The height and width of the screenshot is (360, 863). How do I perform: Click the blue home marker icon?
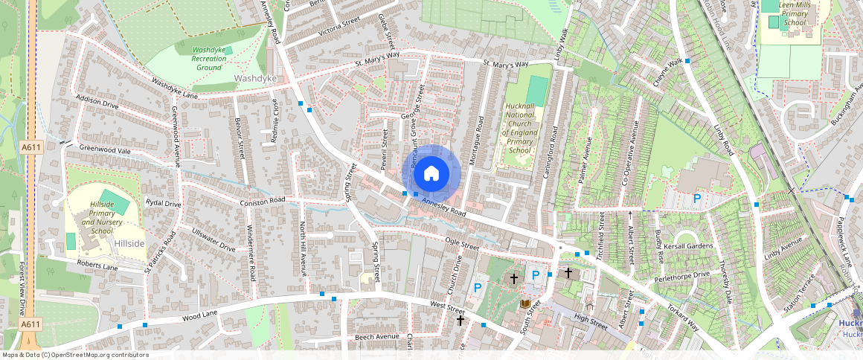431,174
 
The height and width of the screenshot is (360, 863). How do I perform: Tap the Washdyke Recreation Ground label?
199,58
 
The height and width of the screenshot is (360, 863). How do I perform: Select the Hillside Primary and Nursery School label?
102,216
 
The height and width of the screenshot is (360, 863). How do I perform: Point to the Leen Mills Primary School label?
794,13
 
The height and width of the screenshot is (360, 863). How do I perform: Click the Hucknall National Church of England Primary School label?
519,129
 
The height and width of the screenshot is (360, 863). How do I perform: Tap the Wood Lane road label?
200,315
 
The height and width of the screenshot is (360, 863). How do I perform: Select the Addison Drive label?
97,103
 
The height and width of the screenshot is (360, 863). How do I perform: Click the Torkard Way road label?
682,318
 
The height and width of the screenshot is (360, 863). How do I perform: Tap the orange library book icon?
525,303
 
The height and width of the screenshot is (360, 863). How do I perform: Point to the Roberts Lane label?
97,266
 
